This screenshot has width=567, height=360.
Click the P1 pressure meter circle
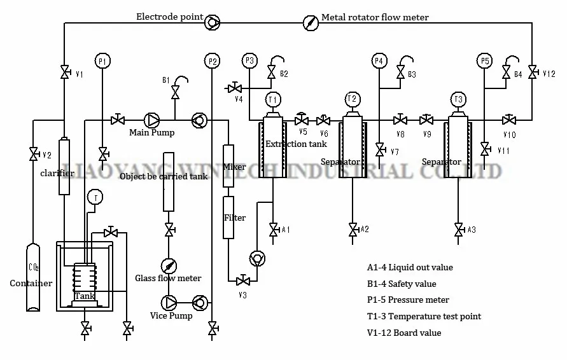pos(102,61)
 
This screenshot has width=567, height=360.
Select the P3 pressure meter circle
pos(250,61)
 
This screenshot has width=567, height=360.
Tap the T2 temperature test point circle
pos(352,99)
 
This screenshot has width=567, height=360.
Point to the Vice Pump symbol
pos(171,302)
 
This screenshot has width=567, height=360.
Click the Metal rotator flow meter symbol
pos(309,23)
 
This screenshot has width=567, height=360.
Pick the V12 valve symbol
pos(532,74)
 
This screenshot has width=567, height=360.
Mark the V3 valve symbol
pos(242,280)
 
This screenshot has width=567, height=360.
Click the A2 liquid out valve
pos(353,229)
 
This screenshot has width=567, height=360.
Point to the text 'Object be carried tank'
pos(164,176)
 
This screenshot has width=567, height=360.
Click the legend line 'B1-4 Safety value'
pos(402,284)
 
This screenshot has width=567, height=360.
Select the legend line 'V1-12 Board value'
pos(404,333)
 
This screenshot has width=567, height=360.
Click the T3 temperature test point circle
pos(458,99)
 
